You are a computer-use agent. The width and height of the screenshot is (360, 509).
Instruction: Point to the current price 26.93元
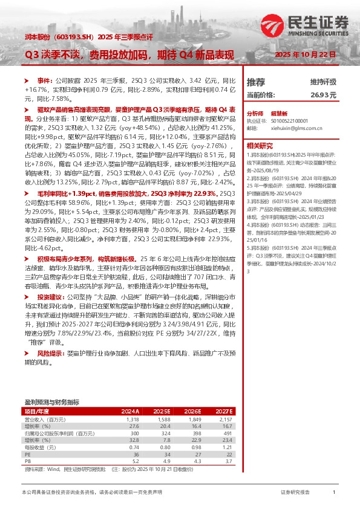(324, 95)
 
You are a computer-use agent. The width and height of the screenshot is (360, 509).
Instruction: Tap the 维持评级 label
(324, 82)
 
